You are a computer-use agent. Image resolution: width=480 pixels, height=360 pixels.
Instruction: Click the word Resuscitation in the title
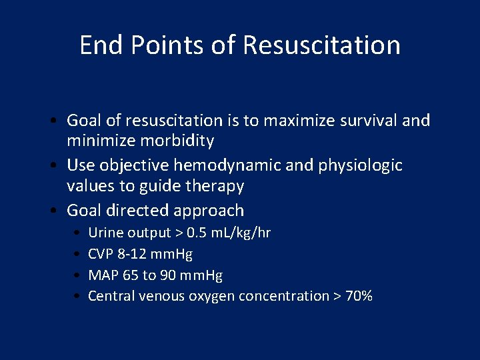point(321,45)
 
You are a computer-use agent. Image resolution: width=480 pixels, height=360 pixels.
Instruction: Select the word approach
point(209,211)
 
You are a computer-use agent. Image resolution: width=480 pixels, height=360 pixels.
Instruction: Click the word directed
point(139,211)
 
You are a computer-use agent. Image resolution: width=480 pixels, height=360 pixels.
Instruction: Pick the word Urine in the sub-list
point(106,233)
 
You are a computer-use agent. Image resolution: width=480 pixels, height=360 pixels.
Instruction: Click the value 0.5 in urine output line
point(197,233)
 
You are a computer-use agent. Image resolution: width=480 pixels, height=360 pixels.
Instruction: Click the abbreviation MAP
point(103,275)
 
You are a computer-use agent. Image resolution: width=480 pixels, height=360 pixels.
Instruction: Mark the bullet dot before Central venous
point(79,296)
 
